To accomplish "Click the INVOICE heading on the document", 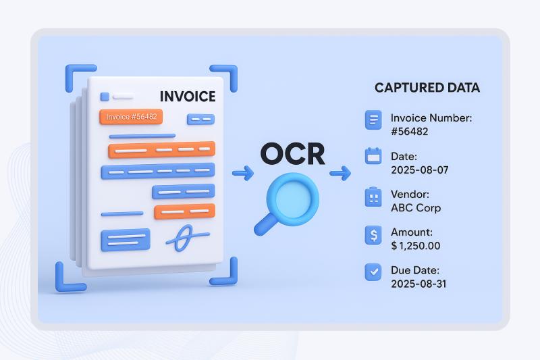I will (x=187, y=96).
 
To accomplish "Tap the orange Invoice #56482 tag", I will (x=131, y=117).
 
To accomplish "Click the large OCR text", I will (x=292, y=153).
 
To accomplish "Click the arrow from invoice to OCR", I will (x=242, y=174).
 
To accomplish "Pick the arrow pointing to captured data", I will (x=340, y=174).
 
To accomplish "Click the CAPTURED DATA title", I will (x=427, y=88).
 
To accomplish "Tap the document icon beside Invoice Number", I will (x=373, y=120).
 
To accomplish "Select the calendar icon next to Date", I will (x=373, y=156).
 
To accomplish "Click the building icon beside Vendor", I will (x=373, y=197).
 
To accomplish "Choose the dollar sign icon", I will (x=373, y=235).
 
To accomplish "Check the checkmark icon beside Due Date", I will (x=373, y=272).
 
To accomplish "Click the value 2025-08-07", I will (x=419, y=170).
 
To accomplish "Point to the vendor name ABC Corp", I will (x=416, y=208).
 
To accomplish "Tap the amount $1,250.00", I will (x=416, y=246).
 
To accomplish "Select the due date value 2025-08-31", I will (x=418, y=284).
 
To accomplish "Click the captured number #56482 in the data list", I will (x=409, y=132).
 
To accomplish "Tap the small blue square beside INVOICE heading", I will (x=105, y=97).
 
